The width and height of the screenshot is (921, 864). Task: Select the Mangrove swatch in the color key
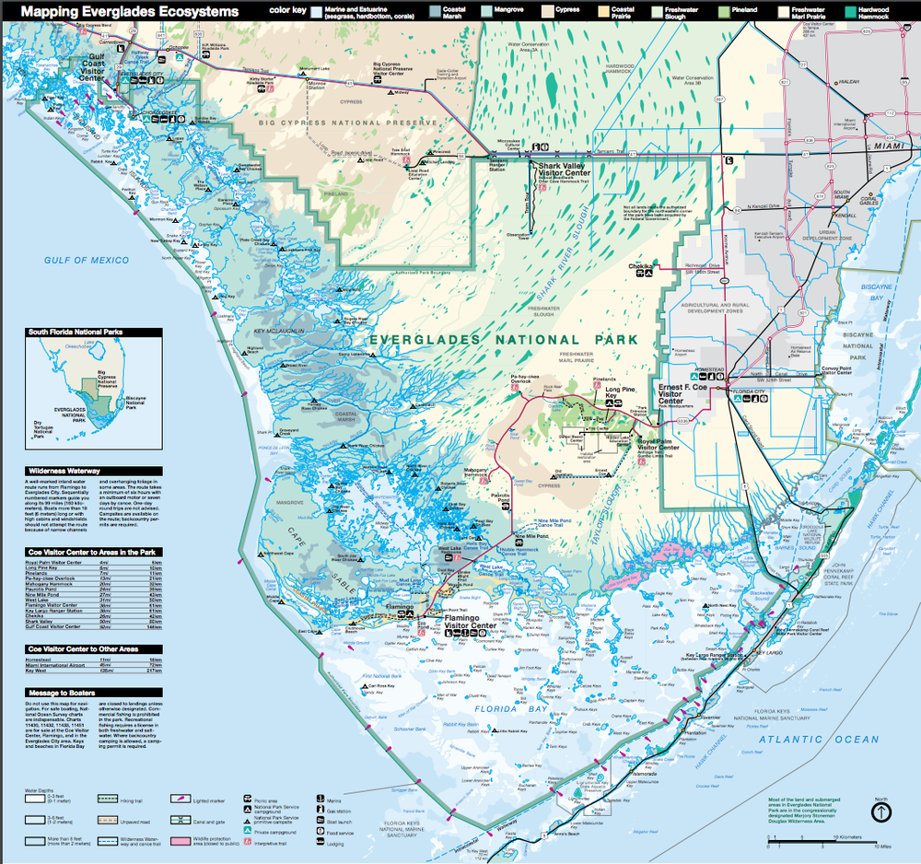(x=508, y=12)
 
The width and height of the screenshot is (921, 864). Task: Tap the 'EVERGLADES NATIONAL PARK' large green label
(x=503, y=340)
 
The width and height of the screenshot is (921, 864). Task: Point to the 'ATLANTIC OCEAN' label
(x=818, y=740)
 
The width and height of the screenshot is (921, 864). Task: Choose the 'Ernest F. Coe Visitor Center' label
(x=683, y=394)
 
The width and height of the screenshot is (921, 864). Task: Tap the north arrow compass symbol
(x=881, y=811)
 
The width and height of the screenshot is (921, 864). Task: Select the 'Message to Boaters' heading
(x=65, y=692)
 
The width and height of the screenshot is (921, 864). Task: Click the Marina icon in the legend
(x=320, y=800)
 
